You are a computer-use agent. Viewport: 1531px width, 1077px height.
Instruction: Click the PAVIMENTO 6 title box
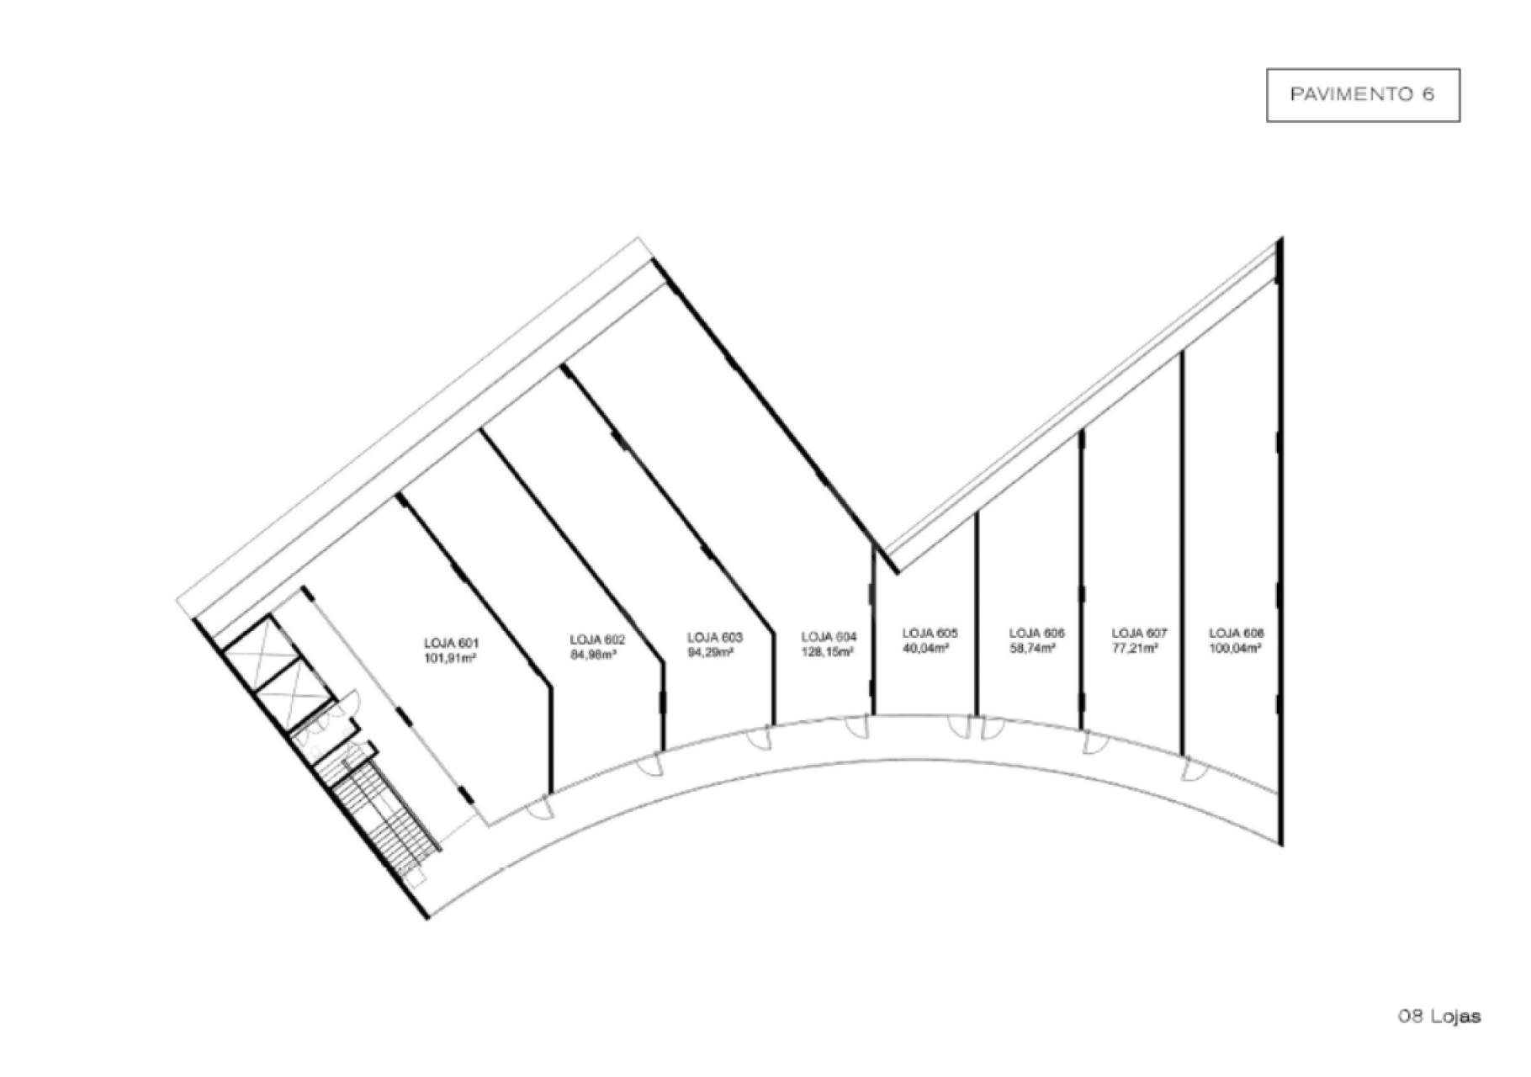(1363, 95)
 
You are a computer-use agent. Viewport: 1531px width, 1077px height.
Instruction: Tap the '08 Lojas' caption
(1438, 1016)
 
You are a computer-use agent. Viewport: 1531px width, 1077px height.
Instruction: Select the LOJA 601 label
(452, 644)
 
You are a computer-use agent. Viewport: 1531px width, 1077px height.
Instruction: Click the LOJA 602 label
(597, 639)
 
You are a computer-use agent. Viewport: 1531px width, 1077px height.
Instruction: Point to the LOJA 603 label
(715, 638)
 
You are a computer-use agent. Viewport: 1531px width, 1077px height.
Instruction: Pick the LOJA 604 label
(829, 638)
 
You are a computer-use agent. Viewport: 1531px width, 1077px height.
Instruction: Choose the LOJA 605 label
(930, 633)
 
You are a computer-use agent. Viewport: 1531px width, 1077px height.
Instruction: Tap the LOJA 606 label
(1036, 633)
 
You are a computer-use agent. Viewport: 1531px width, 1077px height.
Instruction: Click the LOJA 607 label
(1139, 633)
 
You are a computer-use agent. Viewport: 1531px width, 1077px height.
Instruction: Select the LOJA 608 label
(1237, 633)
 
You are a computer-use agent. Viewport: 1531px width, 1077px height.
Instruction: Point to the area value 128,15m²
(829, 652)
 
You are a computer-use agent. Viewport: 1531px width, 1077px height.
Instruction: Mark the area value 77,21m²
(1136, 648)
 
